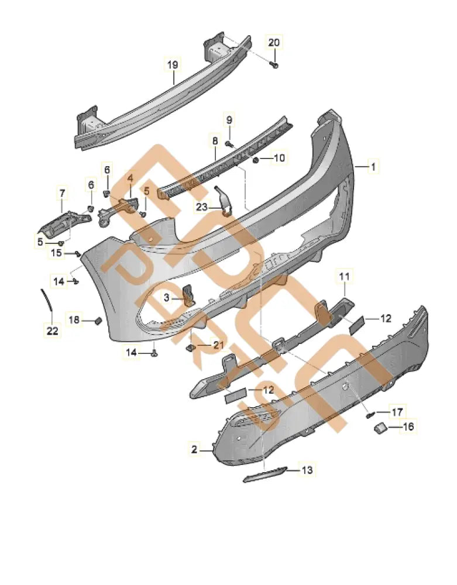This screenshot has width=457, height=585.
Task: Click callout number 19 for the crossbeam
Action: (x=173, y=65)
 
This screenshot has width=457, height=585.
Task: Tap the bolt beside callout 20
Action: (x=274, y=66)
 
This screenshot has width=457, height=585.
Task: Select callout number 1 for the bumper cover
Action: (x=372, y=167)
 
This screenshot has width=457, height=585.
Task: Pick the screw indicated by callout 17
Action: (x=369, y=415)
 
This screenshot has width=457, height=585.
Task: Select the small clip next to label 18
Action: (x=99, y=320)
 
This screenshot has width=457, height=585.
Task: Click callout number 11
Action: (x=343, y=274)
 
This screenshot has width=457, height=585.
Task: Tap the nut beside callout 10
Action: (x=256, y=159)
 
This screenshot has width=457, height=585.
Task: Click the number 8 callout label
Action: (x=215, y=141)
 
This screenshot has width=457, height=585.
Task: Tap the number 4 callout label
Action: (x=130, y=177)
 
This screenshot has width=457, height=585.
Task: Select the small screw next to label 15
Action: (x=77, y=253)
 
